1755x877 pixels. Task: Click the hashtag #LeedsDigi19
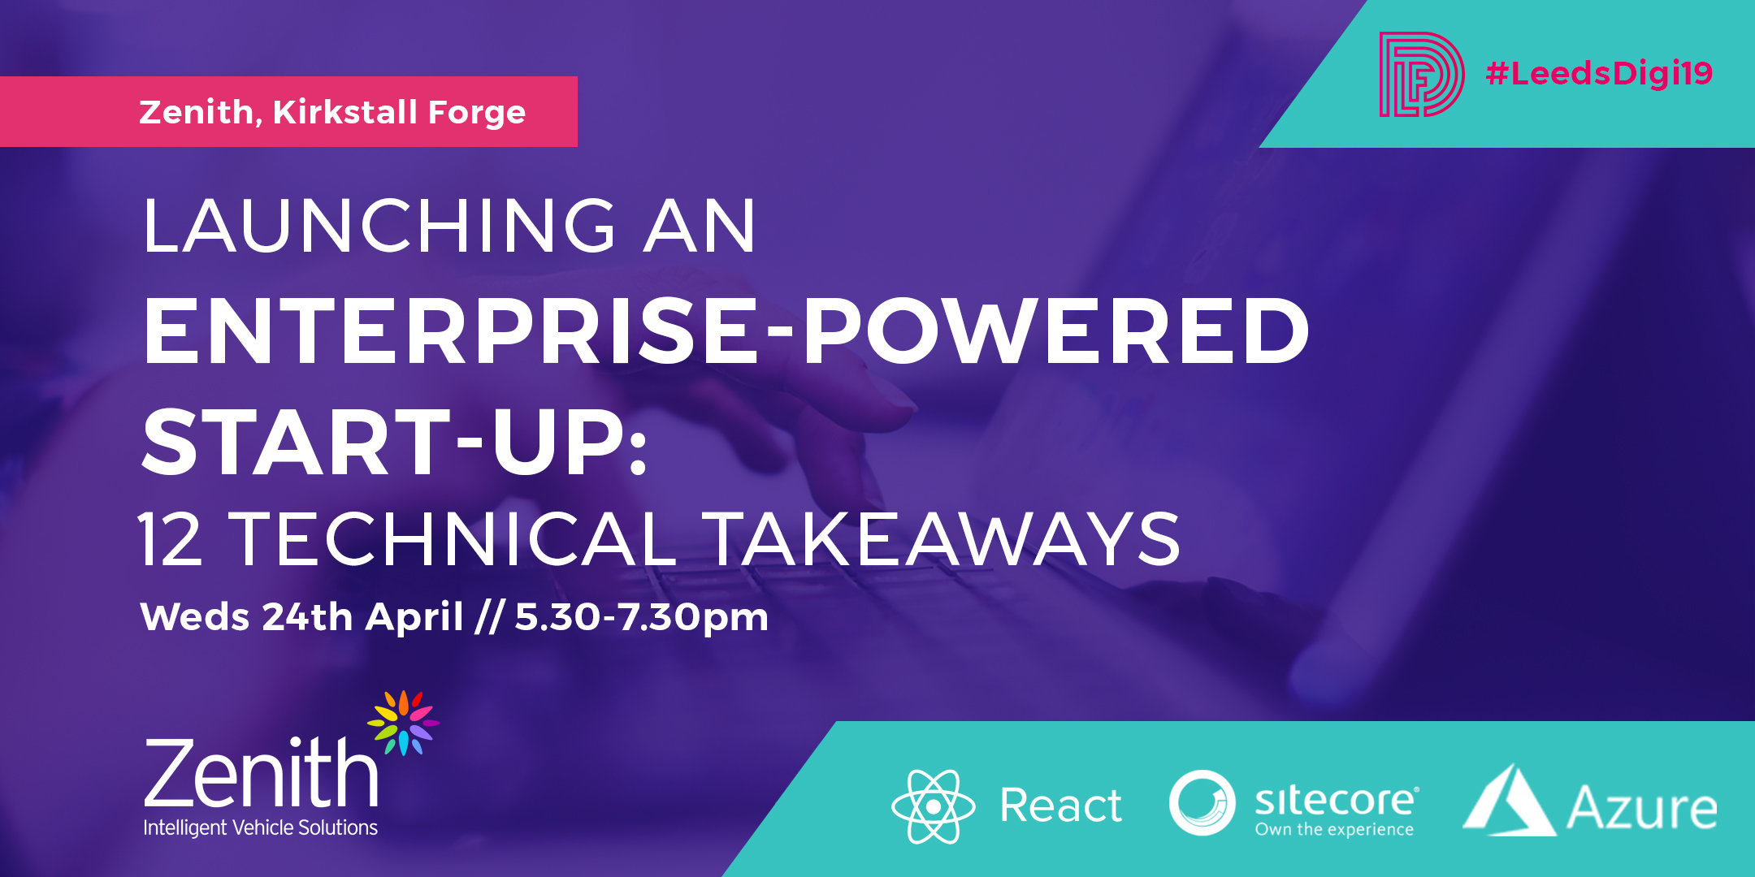pyautogui.click(x=1599, y=74)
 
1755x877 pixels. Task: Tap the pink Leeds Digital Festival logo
pyautogui.click(x=1422, y=75)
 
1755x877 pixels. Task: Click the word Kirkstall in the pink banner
pyautogui.click(x=345, y=112)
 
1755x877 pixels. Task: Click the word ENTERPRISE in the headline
pyautogui.click(x=451, y=330)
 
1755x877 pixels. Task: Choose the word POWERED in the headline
pyautogui.click(x=1056, y=330)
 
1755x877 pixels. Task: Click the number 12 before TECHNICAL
pyautogui.click(x=170, y=539)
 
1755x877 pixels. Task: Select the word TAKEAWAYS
pyautogui.click(x=942, y=539)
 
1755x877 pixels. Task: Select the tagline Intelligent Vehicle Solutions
pyautogui.click(x=261, y=827)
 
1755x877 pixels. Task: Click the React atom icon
pyautogui.click(x=934, y=806)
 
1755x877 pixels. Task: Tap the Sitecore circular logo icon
pyautogui.click(x=1202, y=803)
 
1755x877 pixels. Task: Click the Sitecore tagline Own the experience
pyautogui.click(x=1334, y=830)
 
